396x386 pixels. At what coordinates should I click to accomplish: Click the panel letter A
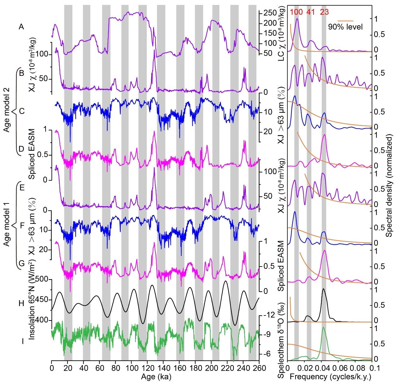pyautogui.click(x=21, y=27)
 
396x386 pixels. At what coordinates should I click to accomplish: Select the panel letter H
pyautogui.click(x=21, y=303)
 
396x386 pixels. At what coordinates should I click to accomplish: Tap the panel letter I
pyautogui.click(x=22, y=341)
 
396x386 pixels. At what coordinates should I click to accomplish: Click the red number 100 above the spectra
pyautogui.click(x=296, y=12)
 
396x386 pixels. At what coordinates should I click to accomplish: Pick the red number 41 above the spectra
pyautogui.click(x=310, y=12)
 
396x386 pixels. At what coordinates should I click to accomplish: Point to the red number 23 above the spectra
pyautogui.click(x=324, y=12)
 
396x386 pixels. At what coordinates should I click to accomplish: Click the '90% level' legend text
pyautogui.click(x=345, y=27)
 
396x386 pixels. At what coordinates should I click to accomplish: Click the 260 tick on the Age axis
pyautogui.click(x=259, y=369)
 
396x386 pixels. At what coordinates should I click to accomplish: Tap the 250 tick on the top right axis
pyautogui.click(x=270, y=13)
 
